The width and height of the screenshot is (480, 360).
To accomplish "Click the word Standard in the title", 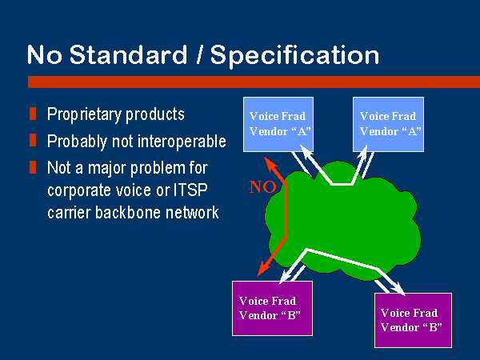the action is (x=128, y=54).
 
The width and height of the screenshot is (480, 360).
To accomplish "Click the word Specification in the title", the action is (x=294, y=56).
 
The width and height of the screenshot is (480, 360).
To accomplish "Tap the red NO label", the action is (x=262, y=187).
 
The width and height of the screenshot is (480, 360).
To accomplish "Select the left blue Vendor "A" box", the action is (x=278, y=124).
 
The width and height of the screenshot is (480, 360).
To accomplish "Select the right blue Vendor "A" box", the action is (x=389, y=124).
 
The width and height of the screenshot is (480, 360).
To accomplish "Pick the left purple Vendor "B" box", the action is (x=273, y=308).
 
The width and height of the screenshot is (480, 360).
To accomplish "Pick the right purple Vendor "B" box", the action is (x=414, y=320).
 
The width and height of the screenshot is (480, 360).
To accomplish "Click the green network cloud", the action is (x=343, y=221).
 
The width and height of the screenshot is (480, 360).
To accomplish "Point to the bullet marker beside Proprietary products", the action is (x=33, y=114).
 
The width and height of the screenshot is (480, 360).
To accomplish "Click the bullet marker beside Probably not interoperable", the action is (x=33, y=141).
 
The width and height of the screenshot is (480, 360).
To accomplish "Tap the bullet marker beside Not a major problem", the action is (x=33, y=167).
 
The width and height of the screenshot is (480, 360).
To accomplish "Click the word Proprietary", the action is (x=84, y=114).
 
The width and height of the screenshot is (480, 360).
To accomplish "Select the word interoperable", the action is (x=182, y=141).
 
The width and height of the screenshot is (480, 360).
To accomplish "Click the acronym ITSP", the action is (x=190, y=190).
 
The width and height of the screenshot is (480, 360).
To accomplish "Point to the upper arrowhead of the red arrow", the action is (x=269, y=163).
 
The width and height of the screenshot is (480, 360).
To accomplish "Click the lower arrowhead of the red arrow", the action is (x=262, y=269).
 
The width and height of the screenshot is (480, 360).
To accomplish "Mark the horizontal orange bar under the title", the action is (x=254, y=82).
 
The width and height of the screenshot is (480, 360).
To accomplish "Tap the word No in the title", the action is (x=44, y=54).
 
